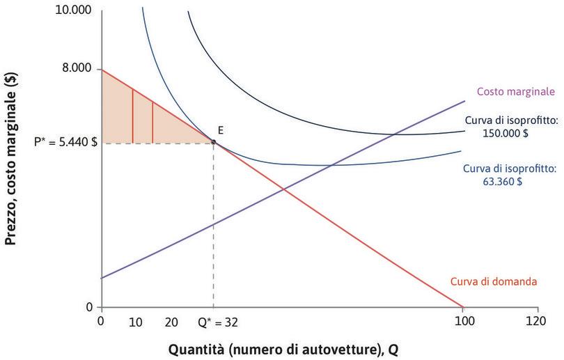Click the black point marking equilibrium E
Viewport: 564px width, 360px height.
click(x=213, y=142)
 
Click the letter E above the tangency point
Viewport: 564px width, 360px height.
click(x=220, y=130)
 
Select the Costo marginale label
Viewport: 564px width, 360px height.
click(x=515, y=91)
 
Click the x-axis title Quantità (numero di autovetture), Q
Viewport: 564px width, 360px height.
click(x=285, y=348)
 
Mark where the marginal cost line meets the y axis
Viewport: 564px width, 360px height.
click(x=102, y=279)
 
